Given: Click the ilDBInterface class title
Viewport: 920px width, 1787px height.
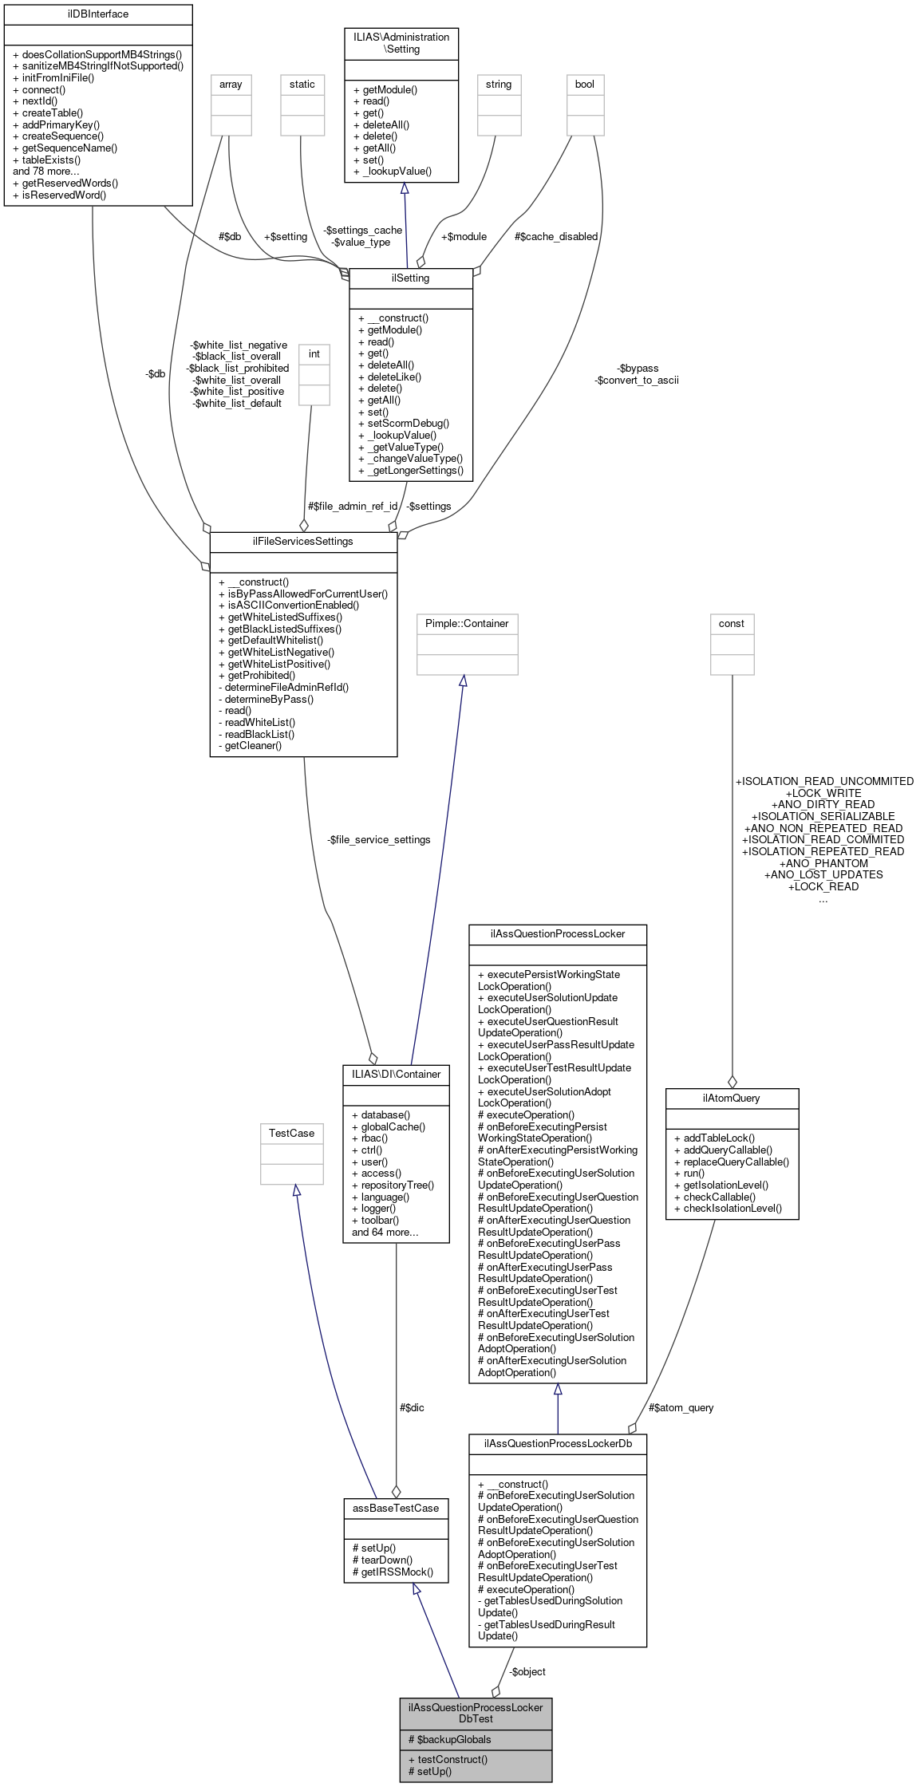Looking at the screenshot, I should pos(98,14).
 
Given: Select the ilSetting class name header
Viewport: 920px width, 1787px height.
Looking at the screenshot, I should pos(411,278).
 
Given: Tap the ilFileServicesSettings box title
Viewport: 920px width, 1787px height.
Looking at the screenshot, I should pos(303,542).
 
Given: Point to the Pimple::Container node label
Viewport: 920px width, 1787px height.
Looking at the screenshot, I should pos(467,623).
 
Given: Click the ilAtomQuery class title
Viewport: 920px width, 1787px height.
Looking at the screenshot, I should pos(732,1098).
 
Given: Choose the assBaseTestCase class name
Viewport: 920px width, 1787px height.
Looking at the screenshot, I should pos(396,1508).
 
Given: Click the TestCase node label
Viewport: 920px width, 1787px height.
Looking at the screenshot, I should pos(291,1133).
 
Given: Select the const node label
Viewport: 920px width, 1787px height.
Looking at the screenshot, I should pos(732,623).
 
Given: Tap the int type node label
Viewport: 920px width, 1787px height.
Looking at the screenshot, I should pos(314,354).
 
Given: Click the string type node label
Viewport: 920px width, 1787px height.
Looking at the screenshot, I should pos(499,85).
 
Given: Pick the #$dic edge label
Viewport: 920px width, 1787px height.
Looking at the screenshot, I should pos(412,1407).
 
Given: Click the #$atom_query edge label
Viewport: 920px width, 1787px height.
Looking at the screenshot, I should pos(681,1407).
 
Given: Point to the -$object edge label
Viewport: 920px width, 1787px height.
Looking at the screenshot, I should pos(527,1671).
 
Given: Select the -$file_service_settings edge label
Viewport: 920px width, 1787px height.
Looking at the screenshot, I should pos(379,839).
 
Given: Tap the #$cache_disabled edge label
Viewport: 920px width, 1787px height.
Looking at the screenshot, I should pos(556,236).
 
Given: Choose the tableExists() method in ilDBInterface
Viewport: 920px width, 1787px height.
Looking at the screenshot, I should pos(51,160).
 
